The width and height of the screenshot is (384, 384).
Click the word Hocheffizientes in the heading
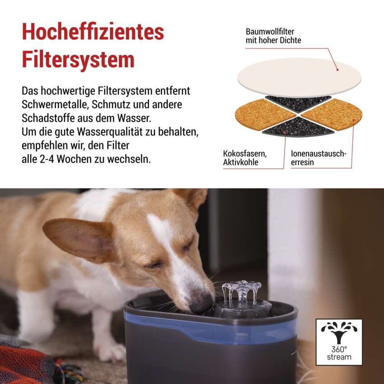point(93,32)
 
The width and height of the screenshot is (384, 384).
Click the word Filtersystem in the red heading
point(78,60)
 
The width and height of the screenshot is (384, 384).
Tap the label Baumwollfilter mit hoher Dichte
point(273,36)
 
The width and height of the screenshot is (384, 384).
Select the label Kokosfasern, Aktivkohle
point(245,158)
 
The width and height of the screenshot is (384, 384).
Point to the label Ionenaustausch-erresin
point(318,158)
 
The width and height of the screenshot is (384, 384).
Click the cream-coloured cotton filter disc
point(299,77)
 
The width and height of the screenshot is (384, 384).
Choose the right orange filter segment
point(332,114)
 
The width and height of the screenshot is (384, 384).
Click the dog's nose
point(201,303)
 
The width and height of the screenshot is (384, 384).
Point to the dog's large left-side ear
point(77,239)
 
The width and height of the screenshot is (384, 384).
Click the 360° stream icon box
point(339,342)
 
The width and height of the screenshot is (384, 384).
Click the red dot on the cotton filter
point(337,70)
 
